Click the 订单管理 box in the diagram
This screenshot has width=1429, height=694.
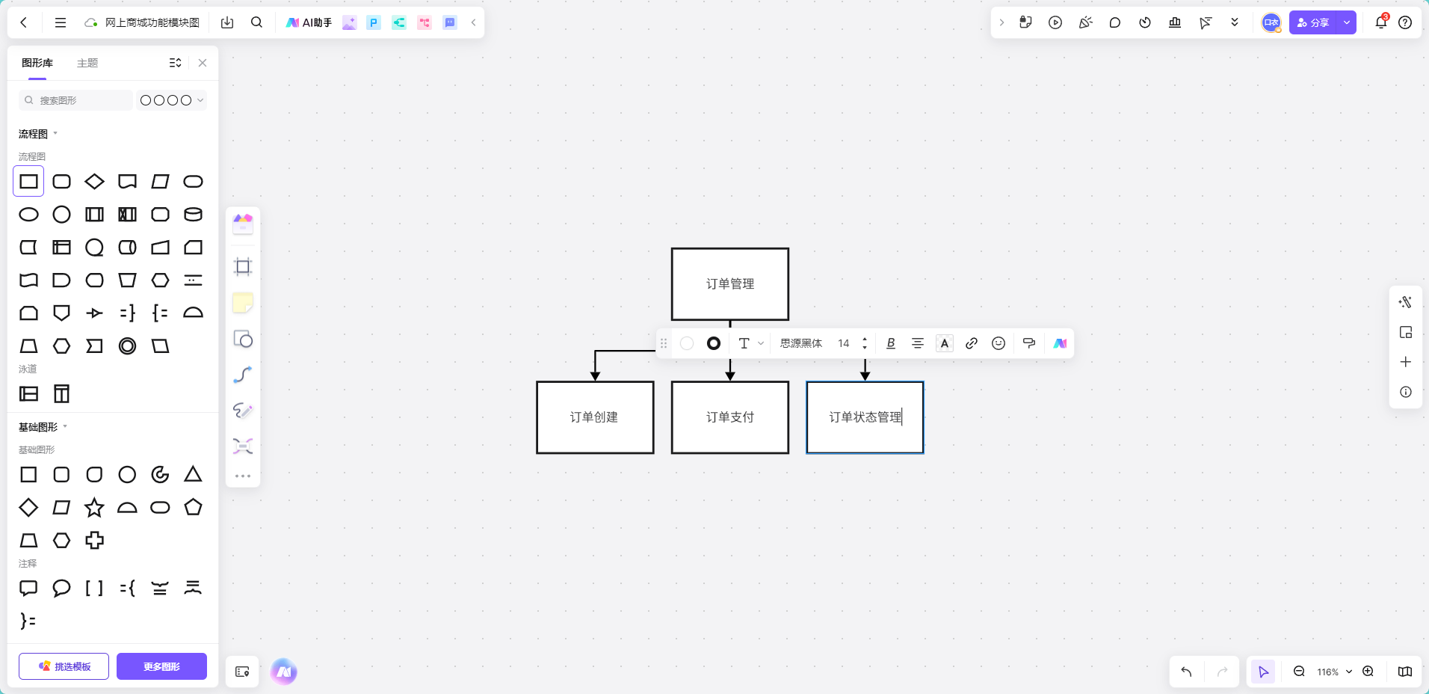pos(729,284)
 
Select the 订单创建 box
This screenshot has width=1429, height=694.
pos(595,417)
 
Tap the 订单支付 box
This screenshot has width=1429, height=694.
pos(729,417)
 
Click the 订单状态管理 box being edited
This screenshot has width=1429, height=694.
pos(865,417)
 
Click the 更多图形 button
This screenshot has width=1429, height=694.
pos(161,666)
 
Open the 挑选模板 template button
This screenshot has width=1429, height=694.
pos(64,666)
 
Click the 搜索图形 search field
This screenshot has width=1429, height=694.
pos(75,100)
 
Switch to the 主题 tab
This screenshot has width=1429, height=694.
pos(87,63)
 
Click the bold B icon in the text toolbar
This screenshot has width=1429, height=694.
pos(890,343)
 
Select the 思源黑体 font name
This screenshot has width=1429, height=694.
pos(800,343)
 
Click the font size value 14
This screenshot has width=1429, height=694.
pos(843,343)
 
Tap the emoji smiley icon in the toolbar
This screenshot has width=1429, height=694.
pos(998,343)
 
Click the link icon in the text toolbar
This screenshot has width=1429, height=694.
pos(971,343)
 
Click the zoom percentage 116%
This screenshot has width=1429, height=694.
pos(1327,672)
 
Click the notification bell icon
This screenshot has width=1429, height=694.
pos(1380,22)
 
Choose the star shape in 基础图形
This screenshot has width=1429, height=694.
pos(94,508)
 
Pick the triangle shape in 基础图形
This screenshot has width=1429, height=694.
pos(193,474)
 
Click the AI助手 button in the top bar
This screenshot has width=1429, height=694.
pos(309,22)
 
